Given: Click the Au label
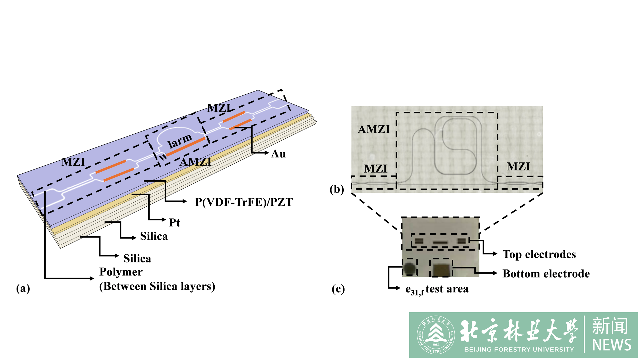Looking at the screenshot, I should point(278,154).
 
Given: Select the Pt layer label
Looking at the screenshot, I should point(174,223).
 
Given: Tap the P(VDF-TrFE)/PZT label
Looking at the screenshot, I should point(244,202).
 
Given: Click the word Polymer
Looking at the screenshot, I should point(121,272).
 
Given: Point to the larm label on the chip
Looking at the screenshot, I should point(180,141).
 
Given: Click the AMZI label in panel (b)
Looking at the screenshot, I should point(374,129).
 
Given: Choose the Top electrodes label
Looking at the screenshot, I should point(539,254).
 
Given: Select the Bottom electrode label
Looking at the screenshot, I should point(546,274).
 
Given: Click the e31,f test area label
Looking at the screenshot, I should point(437,289).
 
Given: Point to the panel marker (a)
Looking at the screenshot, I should point(23,288).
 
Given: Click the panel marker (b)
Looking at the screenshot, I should point(337,189).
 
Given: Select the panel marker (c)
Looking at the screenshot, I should point(338,289).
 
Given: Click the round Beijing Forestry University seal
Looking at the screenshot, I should point(436,335).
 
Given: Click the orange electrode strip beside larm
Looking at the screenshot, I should point(186,146).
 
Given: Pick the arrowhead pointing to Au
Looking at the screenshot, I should point(266,153).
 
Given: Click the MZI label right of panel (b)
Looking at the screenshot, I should point(518,167).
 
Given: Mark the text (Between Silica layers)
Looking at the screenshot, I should point(157,286).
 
